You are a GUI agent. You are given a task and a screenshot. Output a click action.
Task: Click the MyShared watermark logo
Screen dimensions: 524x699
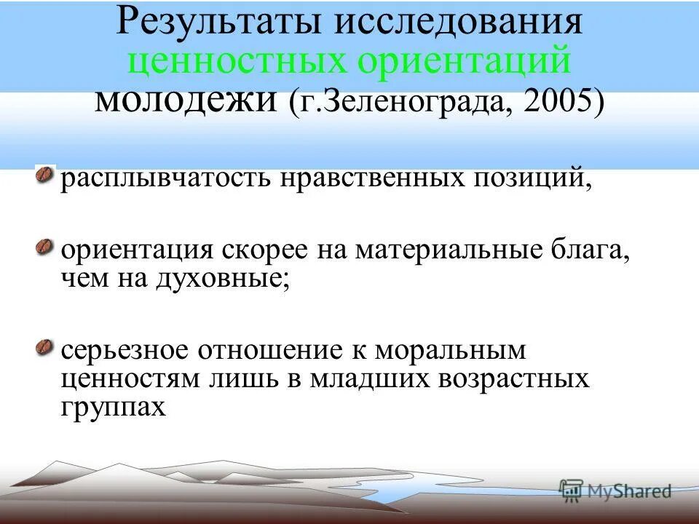coord(615,491)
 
